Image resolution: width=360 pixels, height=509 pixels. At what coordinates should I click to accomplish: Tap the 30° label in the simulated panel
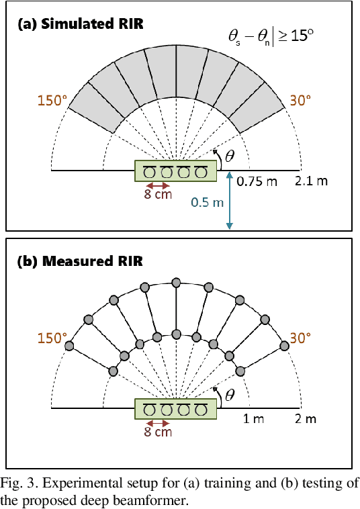(300, 100)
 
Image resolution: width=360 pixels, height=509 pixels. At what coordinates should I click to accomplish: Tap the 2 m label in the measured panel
(306, 420)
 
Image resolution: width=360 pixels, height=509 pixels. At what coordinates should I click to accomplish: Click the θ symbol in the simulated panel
(230, 156)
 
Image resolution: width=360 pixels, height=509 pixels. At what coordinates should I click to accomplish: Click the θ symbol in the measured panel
(230, 395)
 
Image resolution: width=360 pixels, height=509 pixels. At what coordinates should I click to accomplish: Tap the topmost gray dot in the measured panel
(176, 280)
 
